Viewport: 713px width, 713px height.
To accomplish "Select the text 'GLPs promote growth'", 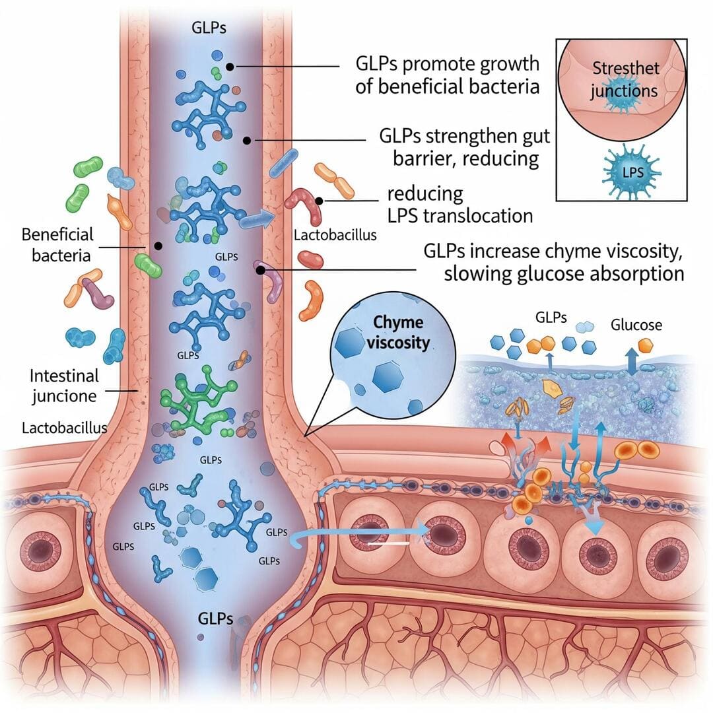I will (447, 64).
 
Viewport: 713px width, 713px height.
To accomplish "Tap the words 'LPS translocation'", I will (459, 215).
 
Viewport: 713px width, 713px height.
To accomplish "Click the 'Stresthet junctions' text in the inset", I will (623, 79).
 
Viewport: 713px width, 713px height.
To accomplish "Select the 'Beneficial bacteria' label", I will (57, 244).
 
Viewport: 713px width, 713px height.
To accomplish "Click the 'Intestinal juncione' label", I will (64, 386).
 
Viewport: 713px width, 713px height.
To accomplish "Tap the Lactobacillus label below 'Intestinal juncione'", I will (64, 428).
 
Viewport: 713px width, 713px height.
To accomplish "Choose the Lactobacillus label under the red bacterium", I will (335, 235).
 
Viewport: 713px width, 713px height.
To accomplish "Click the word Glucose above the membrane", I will (636, 325).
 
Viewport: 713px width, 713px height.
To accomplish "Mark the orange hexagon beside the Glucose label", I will (646, 345).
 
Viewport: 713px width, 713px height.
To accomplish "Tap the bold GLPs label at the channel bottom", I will (215, 619).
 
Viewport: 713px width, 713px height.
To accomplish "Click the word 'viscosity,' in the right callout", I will (636, 252).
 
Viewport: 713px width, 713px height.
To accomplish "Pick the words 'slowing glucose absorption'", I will (564, 274).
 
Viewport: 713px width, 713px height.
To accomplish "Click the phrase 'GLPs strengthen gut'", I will (465, 137).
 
